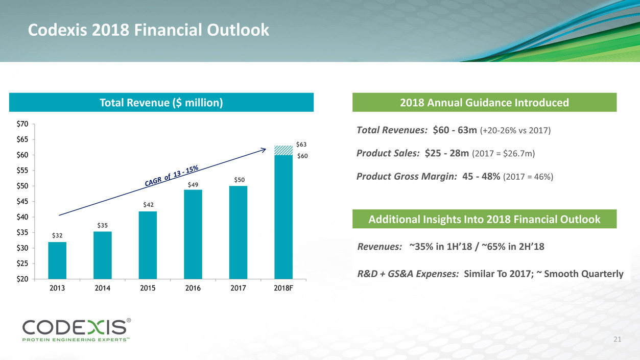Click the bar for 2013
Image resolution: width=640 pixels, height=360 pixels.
(x=57, y=260)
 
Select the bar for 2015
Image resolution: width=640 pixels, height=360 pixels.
(x=148, y=245)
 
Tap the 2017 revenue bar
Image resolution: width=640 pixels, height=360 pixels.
(x=238, y=232)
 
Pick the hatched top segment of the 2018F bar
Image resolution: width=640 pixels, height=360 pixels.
(x=283, y=150)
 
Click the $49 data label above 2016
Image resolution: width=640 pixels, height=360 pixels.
(x=193, y=185)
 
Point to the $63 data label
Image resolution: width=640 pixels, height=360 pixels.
(x=302, y=145)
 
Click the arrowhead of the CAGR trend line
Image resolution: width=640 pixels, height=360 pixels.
(x=264, y=149)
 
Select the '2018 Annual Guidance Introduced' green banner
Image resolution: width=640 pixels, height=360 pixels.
(x=484, y=103)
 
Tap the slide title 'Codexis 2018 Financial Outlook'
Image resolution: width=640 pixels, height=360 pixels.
(x=148, y=31)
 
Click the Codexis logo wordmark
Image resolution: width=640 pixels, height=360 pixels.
(x=74, y=326)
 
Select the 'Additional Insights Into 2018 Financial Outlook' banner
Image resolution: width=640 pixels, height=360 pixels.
(x=484, y=220)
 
